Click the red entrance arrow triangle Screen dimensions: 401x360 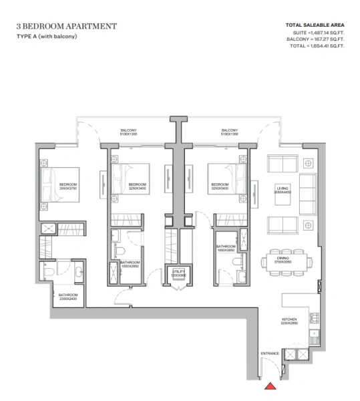271,386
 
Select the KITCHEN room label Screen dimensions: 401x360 289,320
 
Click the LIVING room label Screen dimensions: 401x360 283,189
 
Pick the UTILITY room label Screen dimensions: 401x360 176,272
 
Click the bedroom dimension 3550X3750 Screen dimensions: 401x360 69,188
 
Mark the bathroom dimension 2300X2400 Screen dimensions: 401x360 68,299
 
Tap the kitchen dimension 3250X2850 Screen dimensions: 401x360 289,325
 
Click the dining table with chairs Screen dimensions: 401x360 283,260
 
